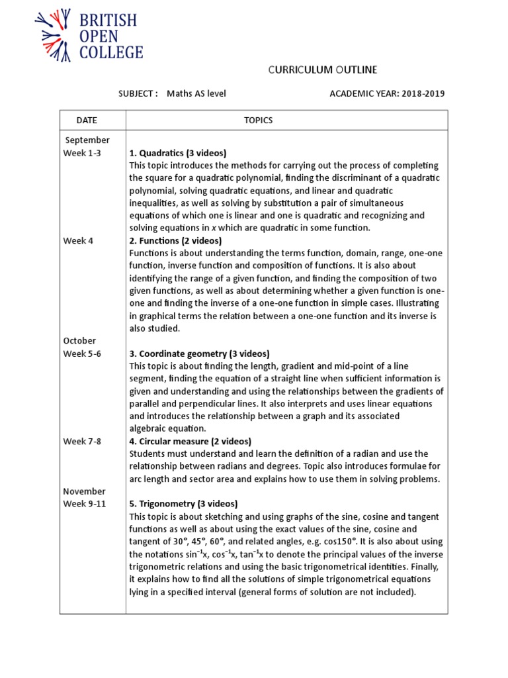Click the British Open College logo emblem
click(x=54, y=36)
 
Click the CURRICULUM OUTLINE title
click(x=322, y=70)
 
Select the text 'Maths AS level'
click(x=196, y=93)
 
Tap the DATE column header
click(x=87, y=120)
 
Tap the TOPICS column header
click(x=258, y=120)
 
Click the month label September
click(x=87, y=140)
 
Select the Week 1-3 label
click(x=82, y=153)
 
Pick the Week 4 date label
click(x=78, y=240)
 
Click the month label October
click(x=79, y=340)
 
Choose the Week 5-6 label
click(x=82, y=353)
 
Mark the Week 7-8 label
click(x=82, y=441)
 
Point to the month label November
click(x=84, y=491)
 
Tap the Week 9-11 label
click(x=84, y=504)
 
